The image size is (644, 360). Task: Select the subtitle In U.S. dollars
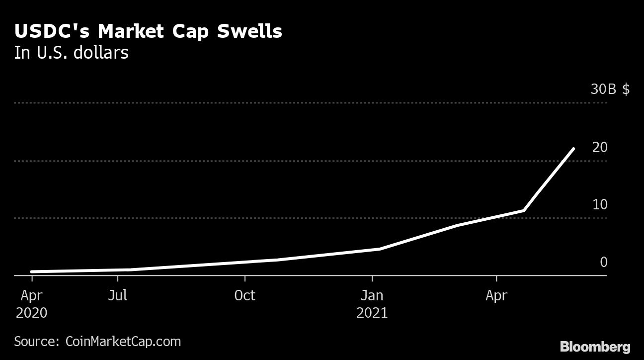(72, 53)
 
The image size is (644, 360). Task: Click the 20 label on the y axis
(600, 147)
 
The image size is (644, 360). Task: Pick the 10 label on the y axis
(600, 204)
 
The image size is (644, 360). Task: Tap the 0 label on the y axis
(604, 262)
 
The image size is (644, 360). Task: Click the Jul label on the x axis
(118, 295)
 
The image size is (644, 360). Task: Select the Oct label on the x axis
(244, 295)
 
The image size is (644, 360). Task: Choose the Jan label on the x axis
(372, 295)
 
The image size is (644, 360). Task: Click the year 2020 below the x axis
(31, 313)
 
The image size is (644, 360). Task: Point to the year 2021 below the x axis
(372, 313)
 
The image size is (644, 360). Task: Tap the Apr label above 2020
(31, 295)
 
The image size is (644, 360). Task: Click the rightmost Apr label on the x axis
(496, 295)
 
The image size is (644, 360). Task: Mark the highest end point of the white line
(574, 149)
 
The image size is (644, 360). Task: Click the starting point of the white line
(32, 271)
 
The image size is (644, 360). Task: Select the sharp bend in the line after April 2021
(524, 210)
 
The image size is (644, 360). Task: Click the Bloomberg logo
(595, 347)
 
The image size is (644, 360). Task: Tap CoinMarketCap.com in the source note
(123, 342)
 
